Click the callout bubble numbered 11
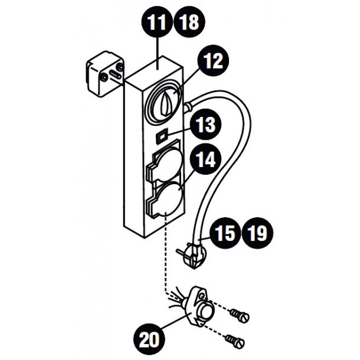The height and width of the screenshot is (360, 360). pos(157,24)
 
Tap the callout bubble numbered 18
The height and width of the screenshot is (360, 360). pos(188,24)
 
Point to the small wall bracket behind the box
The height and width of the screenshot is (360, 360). pos(104,76)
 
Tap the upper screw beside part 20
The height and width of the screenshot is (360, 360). pos(241,316)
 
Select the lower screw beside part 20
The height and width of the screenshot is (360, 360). pos(234,340)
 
